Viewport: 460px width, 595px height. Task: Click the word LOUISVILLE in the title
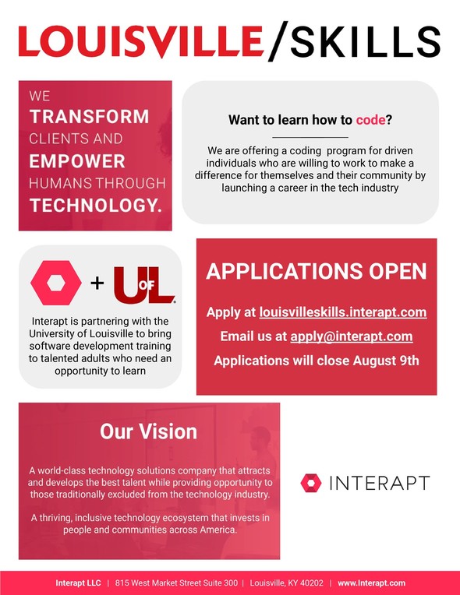point(140,41)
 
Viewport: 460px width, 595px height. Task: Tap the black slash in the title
point(278,41)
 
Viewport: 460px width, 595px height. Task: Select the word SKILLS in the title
point(366,41)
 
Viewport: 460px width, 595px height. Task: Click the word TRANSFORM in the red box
point(89,117)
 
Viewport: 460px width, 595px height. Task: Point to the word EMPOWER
point(77,161)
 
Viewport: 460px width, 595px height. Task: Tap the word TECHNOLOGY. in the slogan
point(96,206)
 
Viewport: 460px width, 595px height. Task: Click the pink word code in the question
point(371,120)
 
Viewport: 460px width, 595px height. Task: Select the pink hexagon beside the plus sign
point(56,283)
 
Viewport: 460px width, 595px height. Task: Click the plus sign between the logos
point(97,283)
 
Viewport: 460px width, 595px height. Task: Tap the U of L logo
point(144,285)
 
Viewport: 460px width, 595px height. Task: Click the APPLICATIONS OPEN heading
point(317,271)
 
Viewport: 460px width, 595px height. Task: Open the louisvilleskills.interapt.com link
point(343,312)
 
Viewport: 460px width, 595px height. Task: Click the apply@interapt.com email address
point(352,336)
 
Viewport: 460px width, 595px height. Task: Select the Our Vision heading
point(148,431)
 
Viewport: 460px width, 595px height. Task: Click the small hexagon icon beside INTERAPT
point(311,483)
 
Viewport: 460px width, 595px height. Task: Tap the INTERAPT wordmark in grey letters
point(380,483)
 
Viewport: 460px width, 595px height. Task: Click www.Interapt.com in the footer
point(371,583)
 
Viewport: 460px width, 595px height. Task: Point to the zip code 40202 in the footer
point(311,583)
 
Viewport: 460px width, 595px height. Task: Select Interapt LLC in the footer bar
point(78,583)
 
